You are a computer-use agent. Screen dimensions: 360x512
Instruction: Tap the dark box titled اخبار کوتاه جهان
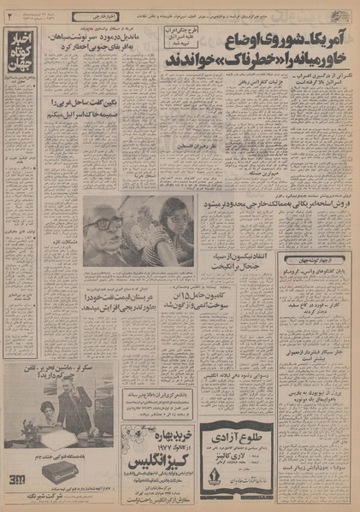(21, 50)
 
